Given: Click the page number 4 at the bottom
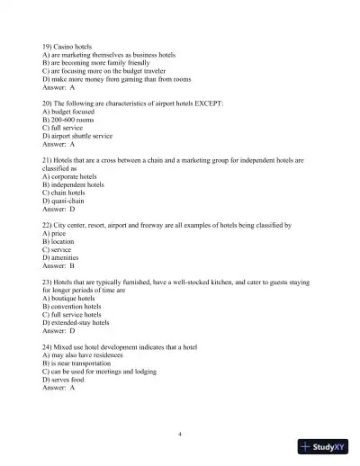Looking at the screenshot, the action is point(180,434).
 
